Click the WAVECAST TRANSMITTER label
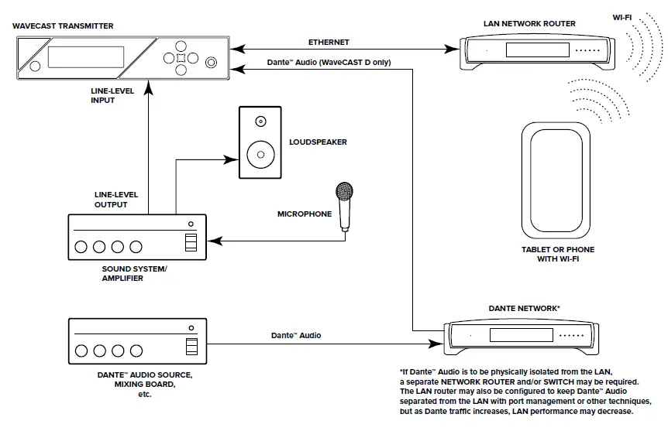point(63,26)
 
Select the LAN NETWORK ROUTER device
point(529,51)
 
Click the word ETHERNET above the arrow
point(329,42)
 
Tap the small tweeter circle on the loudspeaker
point(260,121)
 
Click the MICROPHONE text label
point(305,214)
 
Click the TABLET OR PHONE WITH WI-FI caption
point(558,254)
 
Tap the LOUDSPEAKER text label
point(318,142)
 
